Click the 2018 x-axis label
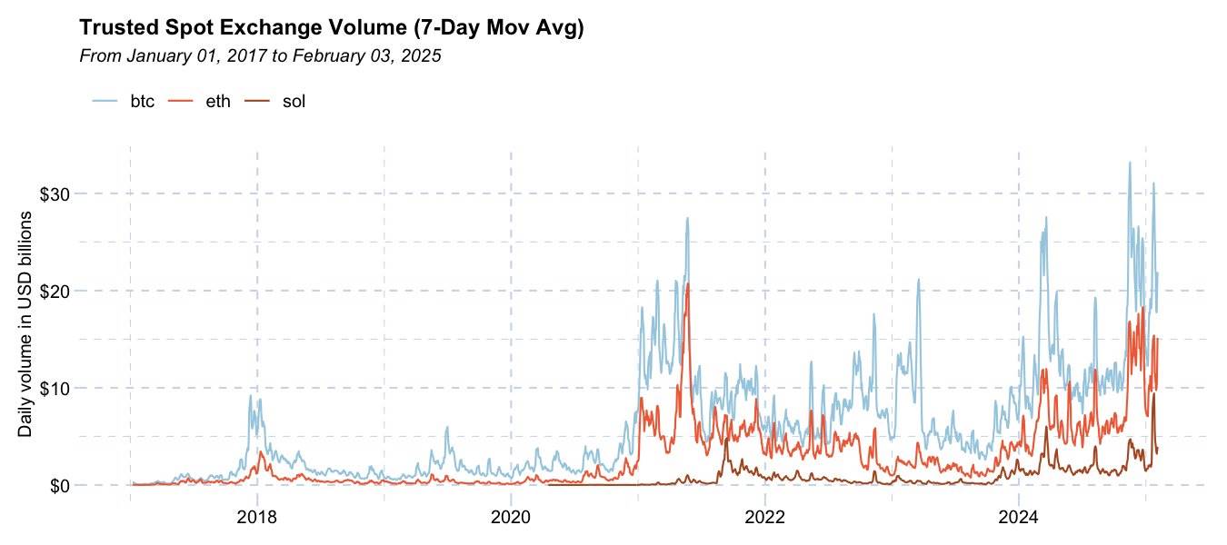(x=256, y=517)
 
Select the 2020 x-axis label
(x=510, y=517)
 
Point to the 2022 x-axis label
(x=764, y=517)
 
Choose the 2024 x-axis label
(x=1018, y=517)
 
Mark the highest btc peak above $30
(x=1129, y=163)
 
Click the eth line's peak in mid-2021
(x=688, y=284)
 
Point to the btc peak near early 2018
(x=251, y=395)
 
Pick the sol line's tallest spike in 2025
(x=1153, y=393)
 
